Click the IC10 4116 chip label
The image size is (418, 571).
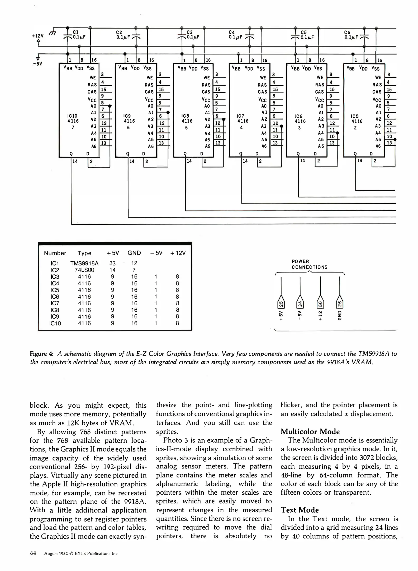(x=73, y=118)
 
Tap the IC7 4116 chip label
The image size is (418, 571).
(x=242, y=118)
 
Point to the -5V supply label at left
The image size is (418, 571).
(x=37, y=64)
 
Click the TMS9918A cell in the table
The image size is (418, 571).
(x=84, y=263)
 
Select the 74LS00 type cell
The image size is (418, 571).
(x=84, y=270)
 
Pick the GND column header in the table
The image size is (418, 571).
(x=134, y=253)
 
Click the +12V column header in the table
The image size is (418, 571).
(x=178, y=253)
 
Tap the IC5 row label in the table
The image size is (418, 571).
(x=55, y=290)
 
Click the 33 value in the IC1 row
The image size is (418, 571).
(x=112, y=263)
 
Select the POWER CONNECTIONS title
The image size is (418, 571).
(x=309, y=264)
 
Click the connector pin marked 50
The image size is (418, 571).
(x=320, y=304)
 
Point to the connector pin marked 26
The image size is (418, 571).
(x=340, y=304)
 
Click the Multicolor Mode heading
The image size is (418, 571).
(x=310, y=432)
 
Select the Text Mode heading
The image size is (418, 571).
(x=300, y=510)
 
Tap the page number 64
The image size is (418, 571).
(x=33, y=553)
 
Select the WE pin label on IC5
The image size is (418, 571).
(x=378, y=77)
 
